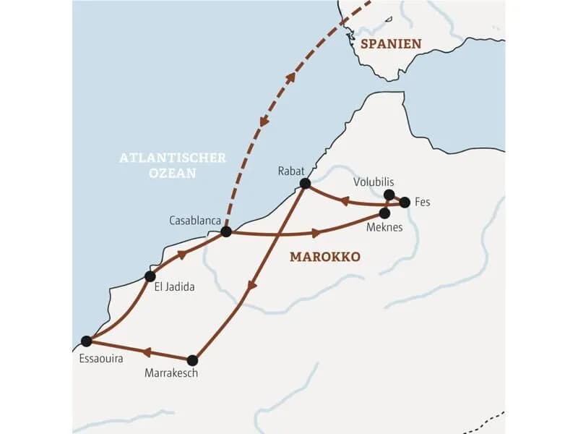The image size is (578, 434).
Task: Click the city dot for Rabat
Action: (305, 184)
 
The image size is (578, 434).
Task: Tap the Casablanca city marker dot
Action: (226, 231)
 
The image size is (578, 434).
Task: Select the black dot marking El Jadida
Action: (150, 276)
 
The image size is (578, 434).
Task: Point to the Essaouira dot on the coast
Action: (87, 341)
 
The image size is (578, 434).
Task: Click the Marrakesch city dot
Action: (192, 360)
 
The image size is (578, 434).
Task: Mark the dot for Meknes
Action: (385, 213)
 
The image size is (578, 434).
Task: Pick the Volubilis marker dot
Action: (389, 195)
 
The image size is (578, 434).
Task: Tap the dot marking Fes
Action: (405, 203)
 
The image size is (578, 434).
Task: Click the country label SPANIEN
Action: (391, 44)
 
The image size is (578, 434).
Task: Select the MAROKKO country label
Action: (324, 257)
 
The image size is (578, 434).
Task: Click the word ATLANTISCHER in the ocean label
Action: (173, 158)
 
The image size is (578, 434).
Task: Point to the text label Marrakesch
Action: (171, 374)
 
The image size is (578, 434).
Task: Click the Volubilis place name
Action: (374, 182)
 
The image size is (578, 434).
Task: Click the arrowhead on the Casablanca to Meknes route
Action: (316, 233)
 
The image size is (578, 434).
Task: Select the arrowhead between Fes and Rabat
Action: (345, 202)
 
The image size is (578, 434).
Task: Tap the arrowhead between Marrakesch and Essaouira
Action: (145, 352)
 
